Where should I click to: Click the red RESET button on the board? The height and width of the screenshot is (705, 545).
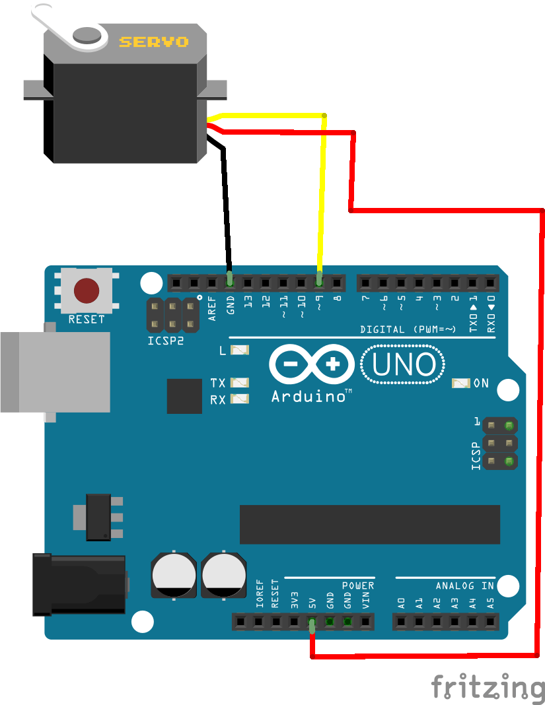(x=87, y=290)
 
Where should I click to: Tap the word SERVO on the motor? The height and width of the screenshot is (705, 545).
(x=153, y=42)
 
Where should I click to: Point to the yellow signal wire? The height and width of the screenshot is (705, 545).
(x=322, y=198)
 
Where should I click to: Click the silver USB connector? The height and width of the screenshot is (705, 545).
(x=56, y=372)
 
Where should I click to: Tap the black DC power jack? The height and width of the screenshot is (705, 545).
(x=79, y=585)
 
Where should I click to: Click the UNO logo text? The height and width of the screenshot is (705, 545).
(x=403, y=365)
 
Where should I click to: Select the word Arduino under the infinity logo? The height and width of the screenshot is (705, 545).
(x=309, y=397)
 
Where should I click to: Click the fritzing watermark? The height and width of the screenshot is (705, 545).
(x=488, y=687)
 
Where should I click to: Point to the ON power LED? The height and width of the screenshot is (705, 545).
(x=460, y=383)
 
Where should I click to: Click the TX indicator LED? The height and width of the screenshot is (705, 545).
(x=240, y=383)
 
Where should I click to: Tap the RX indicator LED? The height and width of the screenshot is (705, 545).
(x=240, y=399)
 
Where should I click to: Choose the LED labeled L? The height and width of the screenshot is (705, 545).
(x=240, y=350)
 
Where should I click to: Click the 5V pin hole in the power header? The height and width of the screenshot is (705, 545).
(x=311, y=621)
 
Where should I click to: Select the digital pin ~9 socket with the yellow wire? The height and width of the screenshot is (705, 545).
(x=319, y=283)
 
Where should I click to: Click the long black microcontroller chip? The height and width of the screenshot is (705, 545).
(x=369, y=525)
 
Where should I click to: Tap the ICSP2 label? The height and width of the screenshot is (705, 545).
(x=165, y=342)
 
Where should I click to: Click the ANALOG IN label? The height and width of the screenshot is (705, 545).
(x=464, y=586)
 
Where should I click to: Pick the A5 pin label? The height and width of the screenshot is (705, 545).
(x=490, y=602)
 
